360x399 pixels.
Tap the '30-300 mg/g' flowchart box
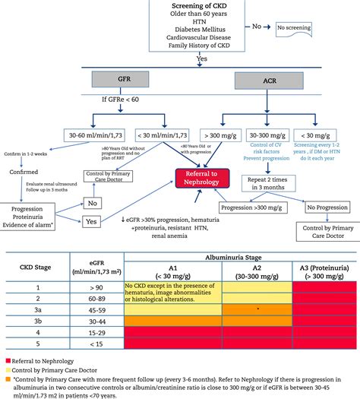pos(273,134)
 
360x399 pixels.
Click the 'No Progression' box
pos(328,206)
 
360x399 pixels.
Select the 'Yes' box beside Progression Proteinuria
pos(92,222)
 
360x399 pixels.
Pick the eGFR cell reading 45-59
pos(97,309)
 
